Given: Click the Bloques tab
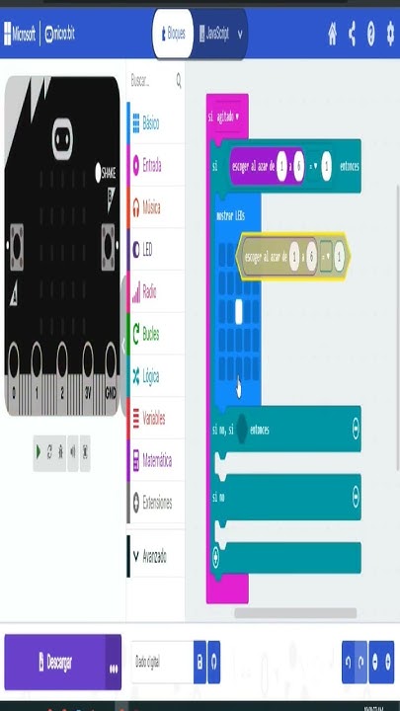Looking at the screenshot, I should point(172,34).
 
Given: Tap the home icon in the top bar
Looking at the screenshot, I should point(333,34).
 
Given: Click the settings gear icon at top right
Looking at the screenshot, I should point(388,34).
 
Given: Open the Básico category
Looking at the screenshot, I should point(150,123).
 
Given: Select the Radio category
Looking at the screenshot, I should point(149,292).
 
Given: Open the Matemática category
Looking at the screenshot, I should point(156,460).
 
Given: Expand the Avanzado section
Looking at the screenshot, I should point(153,556).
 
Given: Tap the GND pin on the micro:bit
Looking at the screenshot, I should point(111,391).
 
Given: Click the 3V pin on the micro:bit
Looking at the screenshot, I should point(87,391).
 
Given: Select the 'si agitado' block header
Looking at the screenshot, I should point(222,117).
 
